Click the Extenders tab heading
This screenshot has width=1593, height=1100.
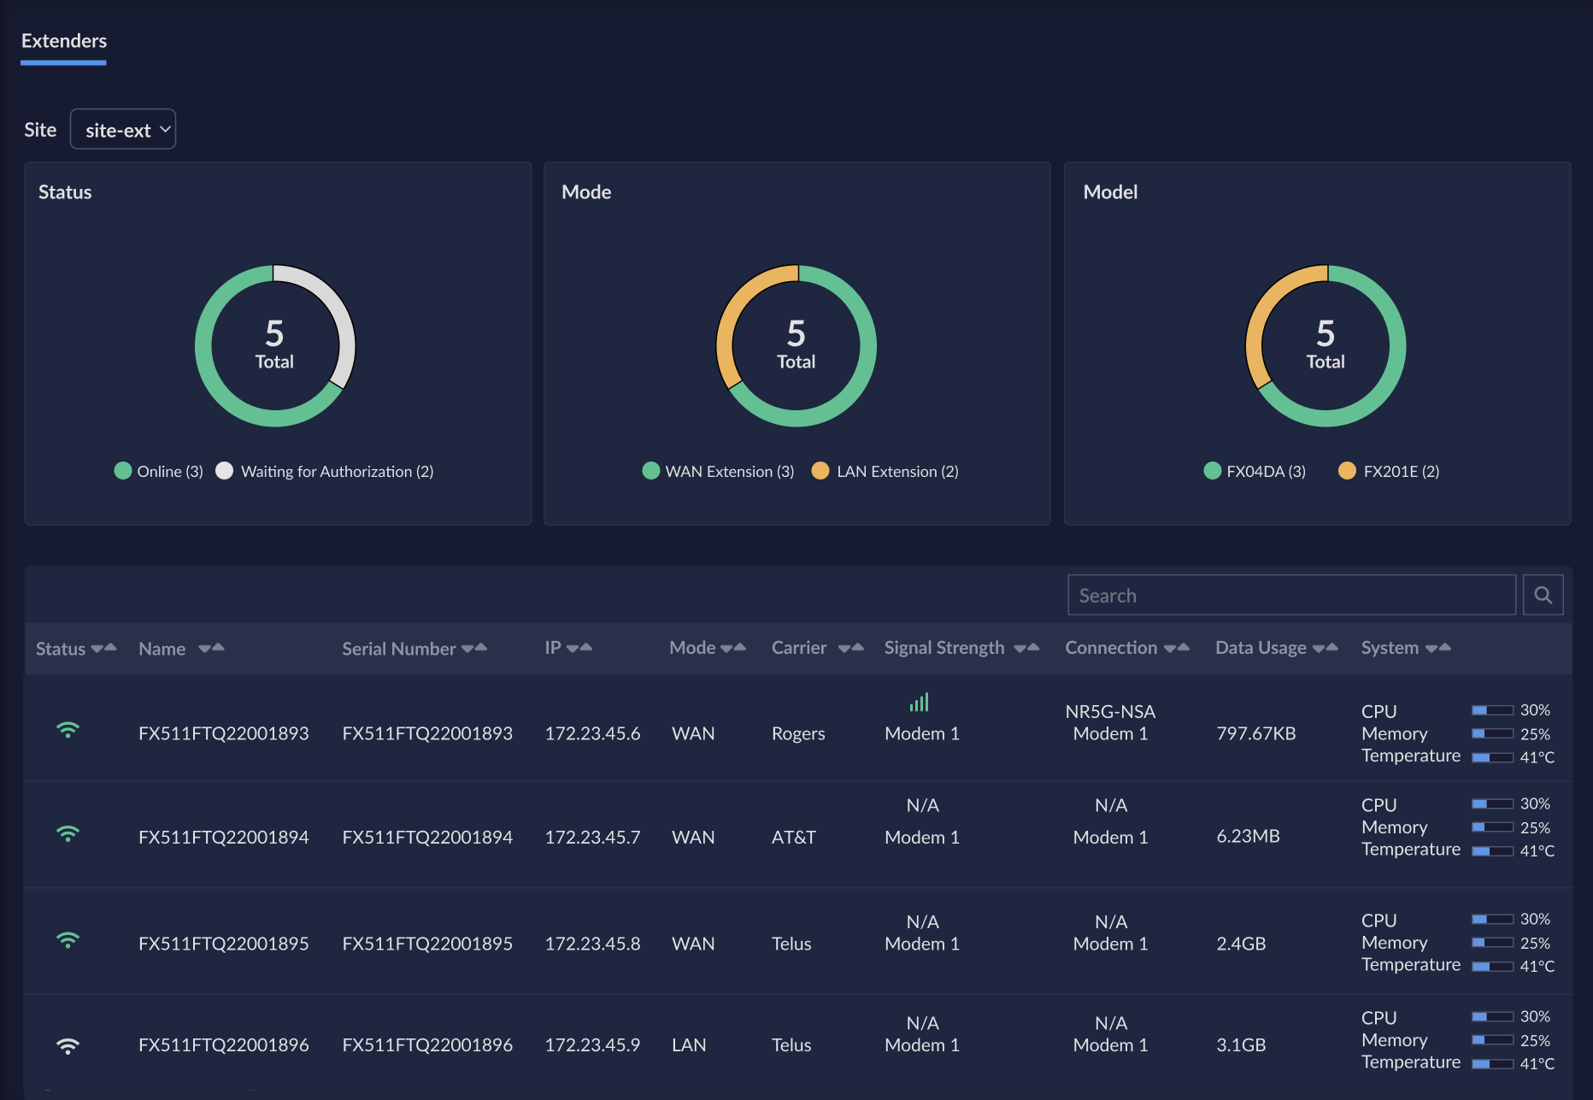(64, 41)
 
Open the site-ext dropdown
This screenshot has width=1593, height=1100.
(123, 129)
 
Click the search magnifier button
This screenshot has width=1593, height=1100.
(1543, 595)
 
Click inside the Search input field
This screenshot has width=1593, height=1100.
(1291, 595)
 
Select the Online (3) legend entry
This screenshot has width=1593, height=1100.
(159, 471)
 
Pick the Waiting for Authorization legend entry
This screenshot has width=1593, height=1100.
(326, 471)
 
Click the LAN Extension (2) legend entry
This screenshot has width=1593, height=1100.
(885, 471)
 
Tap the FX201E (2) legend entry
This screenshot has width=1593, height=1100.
(1389, 471)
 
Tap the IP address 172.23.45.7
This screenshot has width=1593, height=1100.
(592, 837)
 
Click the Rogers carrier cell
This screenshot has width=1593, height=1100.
(798, 733)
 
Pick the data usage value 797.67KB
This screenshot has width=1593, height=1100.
(1255, 733)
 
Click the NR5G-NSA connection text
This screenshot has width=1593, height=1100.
(1110, 711)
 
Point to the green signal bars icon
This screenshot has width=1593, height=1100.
(920, 703)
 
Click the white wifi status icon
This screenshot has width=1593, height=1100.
(68, 1045)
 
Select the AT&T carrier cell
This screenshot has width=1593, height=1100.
(794, 837)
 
